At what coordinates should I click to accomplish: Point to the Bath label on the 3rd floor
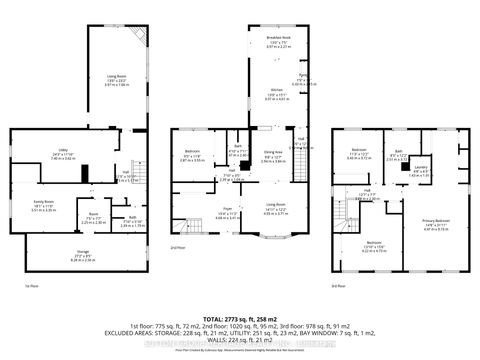click(397, 153)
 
